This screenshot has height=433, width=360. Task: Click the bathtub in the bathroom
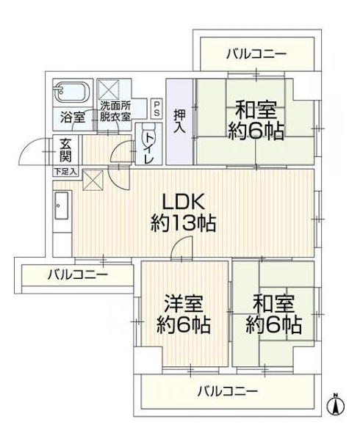tap(73, 92)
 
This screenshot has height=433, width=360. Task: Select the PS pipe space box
tap(156, 109)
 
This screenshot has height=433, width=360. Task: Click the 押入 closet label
tap(179, 122)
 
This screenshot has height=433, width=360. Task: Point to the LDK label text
tap(184, 202)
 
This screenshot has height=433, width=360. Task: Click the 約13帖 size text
tap(184, 223)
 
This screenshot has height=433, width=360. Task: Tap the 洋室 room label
tap(184, 304)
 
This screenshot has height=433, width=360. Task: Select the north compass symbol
tap(336, 405)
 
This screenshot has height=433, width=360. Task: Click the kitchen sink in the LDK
tap(62, 205)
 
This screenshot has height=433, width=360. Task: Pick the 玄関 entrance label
tap(66, 150)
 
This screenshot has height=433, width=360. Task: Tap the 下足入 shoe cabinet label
tap(65, 172)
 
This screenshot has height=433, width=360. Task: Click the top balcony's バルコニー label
tap(256, 54)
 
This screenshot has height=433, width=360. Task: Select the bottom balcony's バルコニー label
tap(228, 391)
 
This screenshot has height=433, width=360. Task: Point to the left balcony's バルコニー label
tap(78, 274)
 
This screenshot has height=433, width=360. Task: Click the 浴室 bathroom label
tap(73, 117)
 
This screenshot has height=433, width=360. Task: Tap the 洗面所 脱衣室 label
tap(115, 112)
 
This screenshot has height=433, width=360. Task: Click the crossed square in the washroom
tap(109, 90)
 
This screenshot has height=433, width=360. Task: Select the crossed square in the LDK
tap(93, 181)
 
